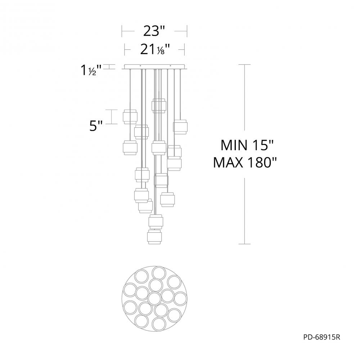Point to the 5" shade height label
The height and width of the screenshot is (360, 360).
pos(95,126)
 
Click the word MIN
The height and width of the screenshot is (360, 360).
pos(232,146)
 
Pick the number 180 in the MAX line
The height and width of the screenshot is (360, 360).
pos(259,163)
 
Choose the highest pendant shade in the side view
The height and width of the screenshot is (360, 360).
pos(159,105)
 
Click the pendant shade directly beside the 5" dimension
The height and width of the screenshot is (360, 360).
pos(130,116)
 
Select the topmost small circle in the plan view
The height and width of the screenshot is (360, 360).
pos(159,273)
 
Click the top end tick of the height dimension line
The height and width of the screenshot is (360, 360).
pos(245,64)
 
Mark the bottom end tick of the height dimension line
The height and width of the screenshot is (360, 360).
pos(245,244)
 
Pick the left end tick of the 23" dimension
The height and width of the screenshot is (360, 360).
pos(122,31)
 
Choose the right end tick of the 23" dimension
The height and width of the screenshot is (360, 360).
pos(187,31)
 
